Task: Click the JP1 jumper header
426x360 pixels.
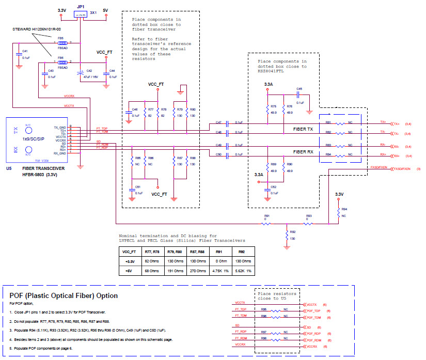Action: click(x=80, y=15)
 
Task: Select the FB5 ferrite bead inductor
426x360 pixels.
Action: click(x=63, y=43)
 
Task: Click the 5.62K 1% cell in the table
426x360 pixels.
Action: click(x=241, y=270)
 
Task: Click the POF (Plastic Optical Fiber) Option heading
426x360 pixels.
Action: click(x=64, y=295)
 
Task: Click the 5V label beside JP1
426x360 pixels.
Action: click(x=105, y=10)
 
